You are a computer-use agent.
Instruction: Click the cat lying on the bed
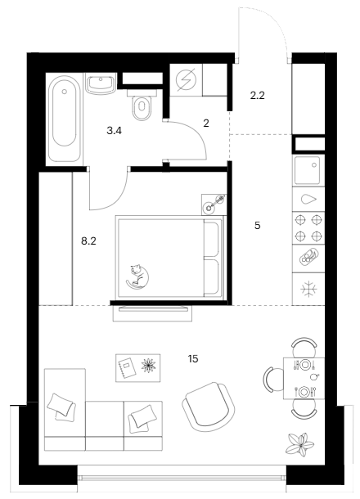(137, 276)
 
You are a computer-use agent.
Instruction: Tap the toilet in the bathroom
(142, 105)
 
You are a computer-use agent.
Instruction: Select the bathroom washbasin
(101, 83)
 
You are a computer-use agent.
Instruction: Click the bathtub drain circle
(65, 92)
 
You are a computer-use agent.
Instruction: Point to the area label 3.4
(115, 131)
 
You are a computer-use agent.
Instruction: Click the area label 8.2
(88, 241)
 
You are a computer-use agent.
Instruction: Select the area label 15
(193, 359)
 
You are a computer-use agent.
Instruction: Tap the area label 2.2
(257, 95)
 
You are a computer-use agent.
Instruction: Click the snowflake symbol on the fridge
(308, 289)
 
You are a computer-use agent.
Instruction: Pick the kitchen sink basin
(308, 170)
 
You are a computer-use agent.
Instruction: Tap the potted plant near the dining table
(300, 443)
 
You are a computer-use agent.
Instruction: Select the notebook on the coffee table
(127, 368)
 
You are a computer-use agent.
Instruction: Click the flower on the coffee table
(148, 366)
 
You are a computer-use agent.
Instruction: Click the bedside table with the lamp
(214, 205)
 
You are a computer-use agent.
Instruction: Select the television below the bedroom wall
(153, 313)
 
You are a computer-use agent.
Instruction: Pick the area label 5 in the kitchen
(257, 226)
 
